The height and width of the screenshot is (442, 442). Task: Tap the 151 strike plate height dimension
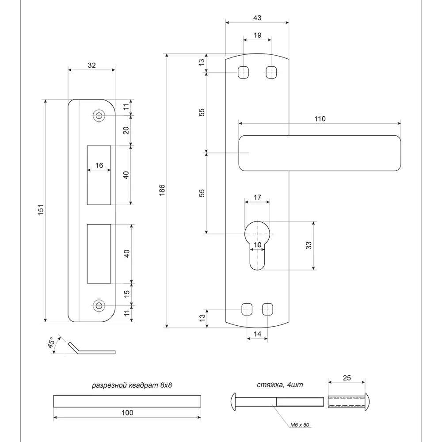pyautogui.click(x=40, y=210)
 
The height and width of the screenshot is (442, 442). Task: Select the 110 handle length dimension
pyautogui.click(x=320, y=118)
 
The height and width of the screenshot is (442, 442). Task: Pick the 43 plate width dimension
pyautogui.click(x=257, y=18)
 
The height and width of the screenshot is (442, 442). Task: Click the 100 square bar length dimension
pyautogui.click(x=127, y=413)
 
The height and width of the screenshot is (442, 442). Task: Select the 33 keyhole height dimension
pyautogui.click(x=309, y=245)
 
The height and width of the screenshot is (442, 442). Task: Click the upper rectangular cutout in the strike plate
pyautogui.click(x=99, y=175)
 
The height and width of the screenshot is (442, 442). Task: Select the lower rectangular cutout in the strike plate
pyautogui.click(x=99, y=253)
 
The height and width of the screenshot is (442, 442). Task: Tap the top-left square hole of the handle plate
pyautogui.click(x=243, y=72)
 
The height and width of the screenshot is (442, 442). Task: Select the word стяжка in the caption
pyautogui.click(x=268, y=385)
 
